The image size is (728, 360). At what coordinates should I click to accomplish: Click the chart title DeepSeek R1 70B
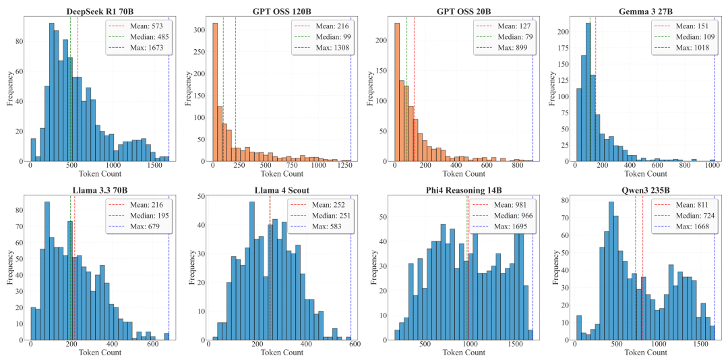click(99, 11)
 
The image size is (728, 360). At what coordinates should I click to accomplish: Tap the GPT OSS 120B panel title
click(281, 11)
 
